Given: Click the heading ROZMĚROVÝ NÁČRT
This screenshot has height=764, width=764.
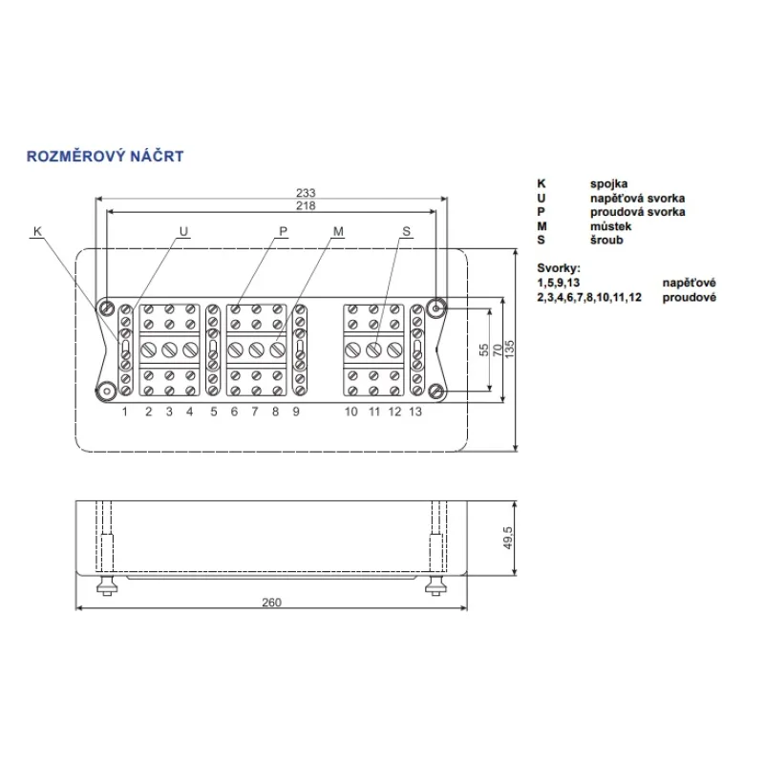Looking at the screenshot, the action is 105,156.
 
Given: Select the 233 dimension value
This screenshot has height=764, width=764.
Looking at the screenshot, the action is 306,193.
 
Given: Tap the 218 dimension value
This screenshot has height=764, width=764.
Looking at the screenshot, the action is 306,205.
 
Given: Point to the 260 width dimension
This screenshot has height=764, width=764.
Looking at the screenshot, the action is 271,603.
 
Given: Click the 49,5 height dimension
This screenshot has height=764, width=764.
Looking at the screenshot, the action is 507,538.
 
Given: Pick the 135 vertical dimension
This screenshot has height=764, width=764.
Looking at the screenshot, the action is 509,350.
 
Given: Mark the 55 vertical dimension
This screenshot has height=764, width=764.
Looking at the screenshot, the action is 484,350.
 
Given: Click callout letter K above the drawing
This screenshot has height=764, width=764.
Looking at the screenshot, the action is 37,231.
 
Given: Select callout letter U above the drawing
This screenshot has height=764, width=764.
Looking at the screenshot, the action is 183,231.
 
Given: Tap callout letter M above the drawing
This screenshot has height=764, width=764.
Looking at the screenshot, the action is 338,231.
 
